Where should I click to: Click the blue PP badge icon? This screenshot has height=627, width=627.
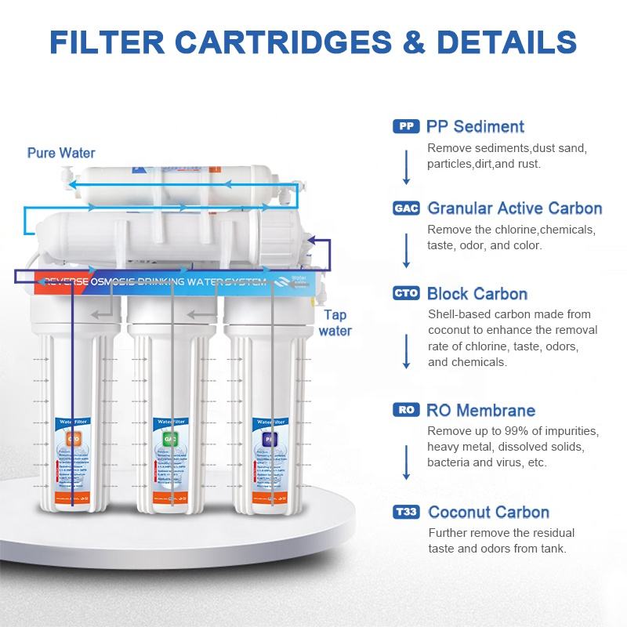coord(405,126)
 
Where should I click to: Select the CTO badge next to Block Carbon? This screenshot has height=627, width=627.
coord(406,294)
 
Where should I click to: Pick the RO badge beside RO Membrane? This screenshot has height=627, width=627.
coord(405,410)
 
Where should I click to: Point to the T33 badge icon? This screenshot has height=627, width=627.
coord(406,513)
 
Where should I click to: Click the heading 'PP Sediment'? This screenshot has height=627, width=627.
coord(475,126)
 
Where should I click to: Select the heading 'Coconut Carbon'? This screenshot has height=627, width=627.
coord(488,513)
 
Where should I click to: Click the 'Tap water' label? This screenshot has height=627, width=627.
coord(335,322)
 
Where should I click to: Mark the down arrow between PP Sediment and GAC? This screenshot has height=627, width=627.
coord(406,166)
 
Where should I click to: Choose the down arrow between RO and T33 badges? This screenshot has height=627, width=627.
coord(406,462)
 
